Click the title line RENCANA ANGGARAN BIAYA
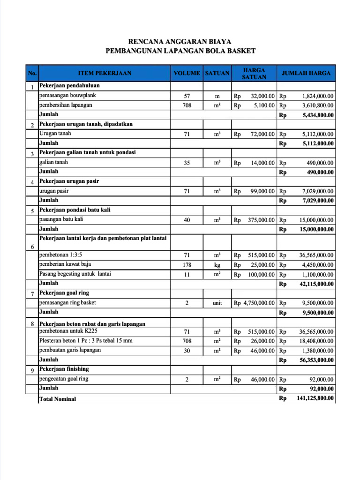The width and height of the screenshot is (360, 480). pyautogui.click(x=180, y=42)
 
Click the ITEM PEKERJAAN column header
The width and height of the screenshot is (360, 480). pyautogui.click(x=105, y=73)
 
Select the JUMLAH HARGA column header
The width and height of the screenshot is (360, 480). pyautogui.click(x=306, y=73)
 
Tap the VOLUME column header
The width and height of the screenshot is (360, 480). pyautogui.click(x=187, y=74)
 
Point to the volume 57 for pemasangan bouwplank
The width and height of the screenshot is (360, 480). pyautogui.click(x=187, y=96)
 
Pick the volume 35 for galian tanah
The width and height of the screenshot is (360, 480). pyautogui.click(x=187, y=163)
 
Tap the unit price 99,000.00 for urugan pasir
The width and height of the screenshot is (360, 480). pyautogui.click(x=262, y=191)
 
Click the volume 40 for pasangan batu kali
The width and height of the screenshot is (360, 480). pyautogui.click(x=187, y=220)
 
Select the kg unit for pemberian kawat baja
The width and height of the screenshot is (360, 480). pyautogui.click(x=217, y=265)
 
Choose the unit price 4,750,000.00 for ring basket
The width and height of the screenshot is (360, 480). pyautogui.click(x=259, y=303)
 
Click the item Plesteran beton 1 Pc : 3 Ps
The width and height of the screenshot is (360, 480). pyautogui.click(x=86, y=341)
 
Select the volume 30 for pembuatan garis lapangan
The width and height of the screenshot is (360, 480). pyautogui.click(x=187, y=351)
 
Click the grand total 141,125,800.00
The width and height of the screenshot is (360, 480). pyautogui.click(x=315, y=398)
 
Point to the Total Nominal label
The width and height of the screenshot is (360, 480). pyautogui.click(x=58, y=399)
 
